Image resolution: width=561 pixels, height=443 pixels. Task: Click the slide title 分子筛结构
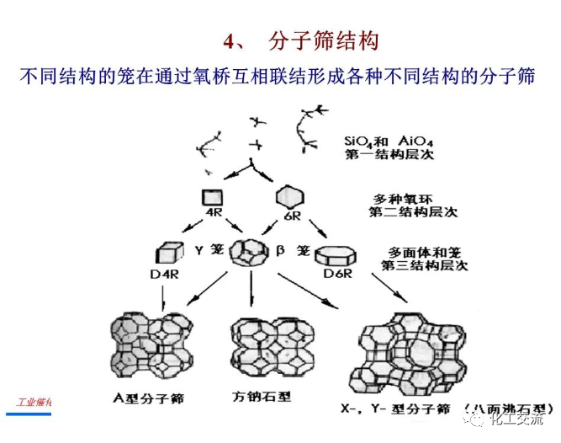324,40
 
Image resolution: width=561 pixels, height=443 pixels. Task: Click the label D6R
336,275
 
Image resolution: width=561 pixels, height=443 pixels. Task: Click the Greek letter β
283,249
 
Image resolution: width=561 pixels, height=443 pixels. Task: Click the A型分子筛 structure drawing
158,344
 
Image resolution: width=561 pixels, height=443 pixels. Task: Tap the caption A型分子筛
152,396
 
